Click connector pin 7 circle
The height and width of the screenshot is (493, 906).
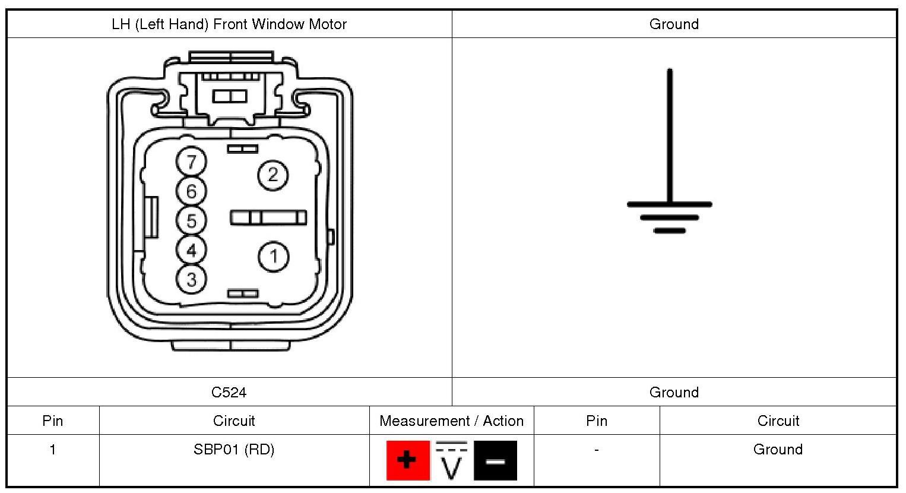coord(191,162)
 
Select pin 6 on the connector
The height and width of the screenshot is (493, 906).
coord(191,191)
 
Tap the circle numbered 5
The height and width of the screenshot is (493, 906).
coord(191,220)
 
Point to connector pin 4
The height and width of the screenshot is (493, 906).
coord(191,249)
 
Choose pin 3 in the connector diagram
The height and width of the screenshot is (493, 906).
coord(191,279)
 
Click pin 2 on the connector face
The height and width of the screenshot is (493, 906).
coord(273,175)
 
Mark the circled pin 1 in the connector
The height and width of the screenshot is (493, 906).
coord(273,257)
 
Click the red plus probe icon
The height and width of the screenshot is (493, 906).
coord(407,460)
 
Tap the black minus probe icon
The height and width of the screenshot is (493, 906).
coord(495,460)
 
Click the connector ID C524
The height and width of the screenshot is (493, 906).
coord(229,392)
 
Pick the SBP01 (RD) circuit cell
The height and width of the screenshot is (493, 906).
coord(234,450)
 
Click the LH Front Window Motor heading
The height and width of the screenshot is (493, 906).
coord(229,24)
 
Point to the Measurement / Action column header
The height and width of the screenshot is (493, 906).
coord(451,421)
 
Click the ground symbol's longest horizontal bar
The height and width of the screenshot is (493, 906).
coord(669,204)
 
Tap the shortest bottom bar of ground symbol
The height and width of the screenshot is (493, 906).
coord(669,230)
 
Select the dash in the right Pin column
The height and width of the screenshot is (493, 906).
coord(596,450)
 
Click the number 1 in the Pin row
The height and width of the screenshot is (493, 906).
coord(53,450)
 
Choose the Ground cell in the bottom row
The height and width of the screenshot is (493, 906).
coord(778,450)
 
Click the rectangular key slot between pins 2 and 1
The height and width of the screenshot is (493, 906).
coord(268,217)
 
